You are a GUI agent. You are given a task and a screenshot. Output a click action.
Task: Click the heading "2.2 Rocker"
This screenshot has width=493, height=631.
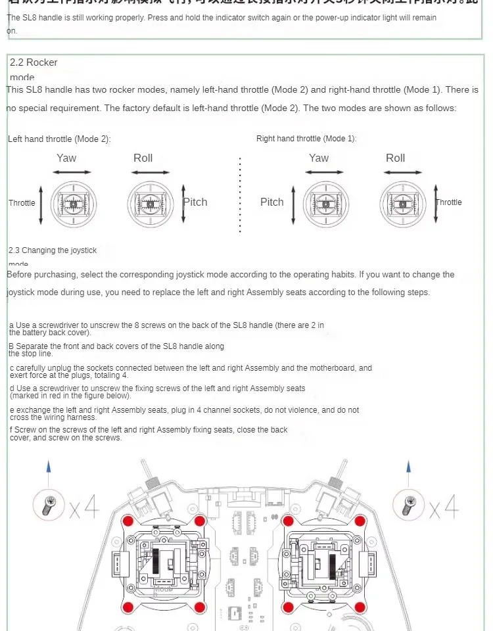[34, 62]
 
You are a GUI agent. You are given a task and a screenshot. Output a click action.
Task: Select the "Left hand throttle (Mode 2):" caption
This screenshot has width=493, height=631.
[59, 139]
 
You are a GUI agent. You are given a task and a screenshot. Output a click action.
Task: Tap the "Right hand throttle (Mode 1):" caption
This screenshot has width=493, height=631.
[306, 139]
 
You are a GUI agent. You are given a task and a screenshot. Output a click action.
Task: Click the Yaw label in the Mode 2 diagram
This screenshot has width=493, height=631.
[66, 158]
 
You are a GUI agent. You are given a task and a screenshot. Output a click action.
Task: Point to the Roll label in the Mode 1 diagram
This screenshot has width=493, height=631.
[395, 158]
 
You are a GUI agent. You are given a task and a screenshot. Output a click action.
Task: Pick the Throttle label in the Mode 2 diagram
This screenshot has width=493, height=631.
[22, 202]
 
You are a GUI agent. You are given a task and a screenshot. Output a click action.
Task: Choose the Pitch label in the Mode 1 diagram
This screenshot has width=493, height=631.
[271, 202]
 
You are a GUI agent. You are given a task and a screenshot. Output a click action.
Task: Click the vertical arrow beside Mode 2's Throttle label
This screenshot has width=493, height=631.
[41, 203]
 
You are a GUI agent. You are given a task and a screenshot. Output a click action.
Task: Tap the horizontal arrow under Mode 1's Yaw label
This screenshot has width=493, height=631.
[319, 173]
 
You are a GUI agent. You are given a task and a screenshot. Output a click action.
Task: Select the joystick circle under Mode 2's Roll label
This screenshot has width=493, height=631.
[150, 204]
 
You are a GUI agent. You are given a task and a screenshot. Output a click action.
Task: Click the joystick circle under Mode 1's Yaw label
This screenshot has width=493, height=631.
[327, 204]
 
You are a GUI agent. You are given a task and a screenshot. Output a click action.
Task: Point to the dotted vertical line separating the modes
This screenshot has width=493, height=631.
[241, 195]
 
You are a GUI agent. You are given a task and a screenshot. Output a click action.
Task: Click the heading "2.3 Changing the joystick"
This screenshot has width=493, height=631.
[53, 250]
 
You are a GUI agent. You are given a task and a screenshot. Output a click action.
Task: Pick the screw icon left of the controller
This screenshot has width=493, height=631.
[48, 505]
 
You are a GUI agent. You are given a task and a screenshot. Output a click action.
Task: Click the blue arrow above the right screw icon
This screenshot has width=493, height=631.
[408, 469]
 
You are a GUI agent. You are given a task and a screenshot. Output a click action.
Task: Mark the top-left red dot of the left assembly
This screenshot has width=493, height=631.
[129, 520]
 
